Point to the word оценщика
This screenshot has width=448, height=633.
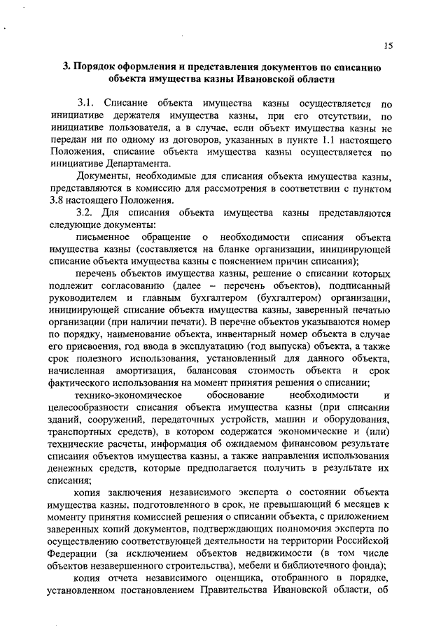[245, 583]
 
